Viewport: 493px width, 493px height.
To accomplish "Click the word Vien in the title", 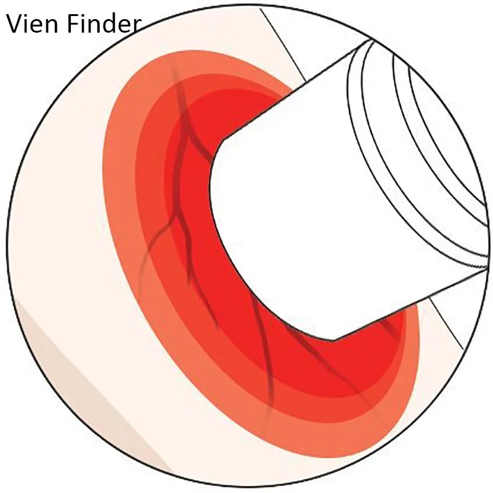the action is tap(33, 24).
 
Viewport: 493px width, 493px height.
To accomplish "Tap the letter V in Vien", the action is tap(14, 24).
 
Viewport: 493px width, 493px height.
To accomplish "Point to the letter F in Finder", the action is tap(72, 24).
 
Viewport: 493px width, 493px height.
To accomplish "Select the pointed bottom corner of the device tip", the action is tap(334, 341).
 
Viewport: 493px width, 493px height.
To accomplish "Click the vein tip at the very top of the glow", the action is tap(171, 65).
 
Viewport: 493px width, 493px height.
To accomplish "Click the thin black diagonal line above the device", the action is tap(282, 44).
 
